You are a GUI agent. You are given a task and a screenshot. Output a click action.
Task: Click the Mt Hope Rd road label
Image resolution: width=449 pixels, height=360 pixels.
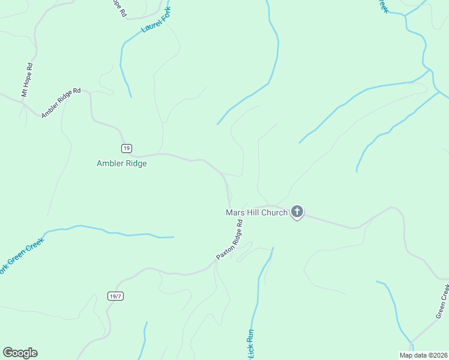coord(26,80)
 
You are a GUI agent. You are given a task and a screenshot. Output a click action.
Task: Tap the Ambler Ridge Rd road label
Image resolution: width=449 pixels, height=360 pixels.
coord(61,103)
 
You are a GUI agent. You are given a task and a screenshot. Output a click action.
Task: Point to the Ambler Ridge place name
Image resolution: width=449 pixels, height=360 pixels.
coord(122,163)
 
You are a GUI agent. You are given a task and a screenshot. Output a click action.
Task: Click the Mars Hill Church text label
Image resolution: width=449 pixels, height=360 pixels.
coord(256,212)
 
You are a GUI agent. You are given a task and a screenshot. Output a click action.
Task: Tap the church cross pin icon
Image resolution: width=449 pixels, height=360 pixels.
coord(297,211)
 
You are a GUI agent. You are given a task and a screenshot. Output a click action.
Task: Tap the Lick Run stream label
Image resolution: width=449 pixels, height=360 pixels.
coord(251,344)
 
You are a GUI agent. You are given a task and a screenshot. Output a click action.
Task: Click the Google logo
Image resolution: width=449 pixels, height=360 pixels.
coord(20,353)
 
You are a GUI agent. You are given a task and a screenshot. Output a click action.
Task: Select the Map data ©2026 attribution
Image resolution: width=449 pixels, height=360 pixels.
coord(423,355)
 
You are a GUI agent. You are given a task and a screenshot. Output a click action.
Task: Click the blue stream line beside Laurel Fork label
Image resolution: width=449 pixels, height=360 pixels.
coord(123,60)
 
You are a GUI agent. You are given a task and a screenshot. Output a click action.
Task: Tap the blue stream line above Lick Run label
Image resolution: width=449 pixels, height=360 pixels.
coord(262,276)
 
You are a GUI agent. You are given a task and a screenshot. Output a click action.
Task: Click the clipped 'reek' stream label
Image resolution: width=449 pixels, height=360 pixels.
coord(381,5)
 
